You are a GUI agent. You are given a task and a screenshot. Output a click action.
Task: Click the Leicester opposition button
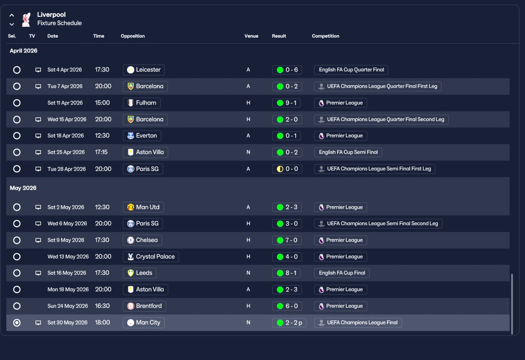click(144, 70)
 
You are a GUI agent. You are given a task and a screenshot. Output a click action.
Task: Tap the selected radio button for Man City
click(17, 323)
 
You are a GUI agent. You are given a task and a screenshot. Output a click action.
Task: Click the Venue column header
click(251, 36)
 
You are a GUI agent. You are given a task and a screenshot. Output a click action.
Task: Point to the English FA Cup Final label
click(342, 273)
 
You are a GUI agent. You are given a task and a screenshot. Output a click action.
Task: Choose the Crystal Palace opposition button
click(151, 257)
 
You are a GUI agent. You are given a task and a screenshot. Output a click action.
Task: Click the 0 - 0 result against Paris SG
click(287, 169)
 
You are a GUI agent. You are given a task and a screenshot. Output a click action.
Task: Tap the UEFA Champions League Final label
click(358, 323)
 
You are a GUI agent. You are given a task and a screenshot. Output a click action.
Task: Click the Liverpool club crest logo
click(26, 19)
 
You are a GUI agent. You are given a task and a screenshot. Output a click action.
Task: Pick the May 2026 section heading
click(23, 188)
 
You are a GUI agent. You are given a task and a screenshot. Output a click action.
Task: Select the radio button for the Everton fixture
click(17, 136)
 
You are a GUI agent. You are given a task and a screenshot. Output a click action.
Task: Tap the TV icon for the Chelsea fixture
click(38, 240)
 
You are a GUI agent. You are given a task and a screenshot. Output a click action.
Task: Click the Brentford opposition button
click(144, 306)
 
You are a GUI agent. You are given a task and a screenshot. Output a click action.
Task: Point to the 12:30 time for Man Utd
click(102, 207)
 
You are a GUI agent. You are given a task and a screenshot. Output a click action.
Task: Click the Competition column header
click(325, 36)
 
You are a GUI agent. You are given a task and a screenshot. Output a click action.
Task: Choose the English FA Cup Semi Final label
click(348, 152)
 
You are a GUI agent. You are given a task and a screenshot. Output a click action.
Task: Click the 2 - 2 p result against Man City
click(289, 323)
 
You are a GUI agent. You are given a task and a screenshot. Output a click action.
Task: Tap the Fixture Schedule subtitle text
click(59, 23)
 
